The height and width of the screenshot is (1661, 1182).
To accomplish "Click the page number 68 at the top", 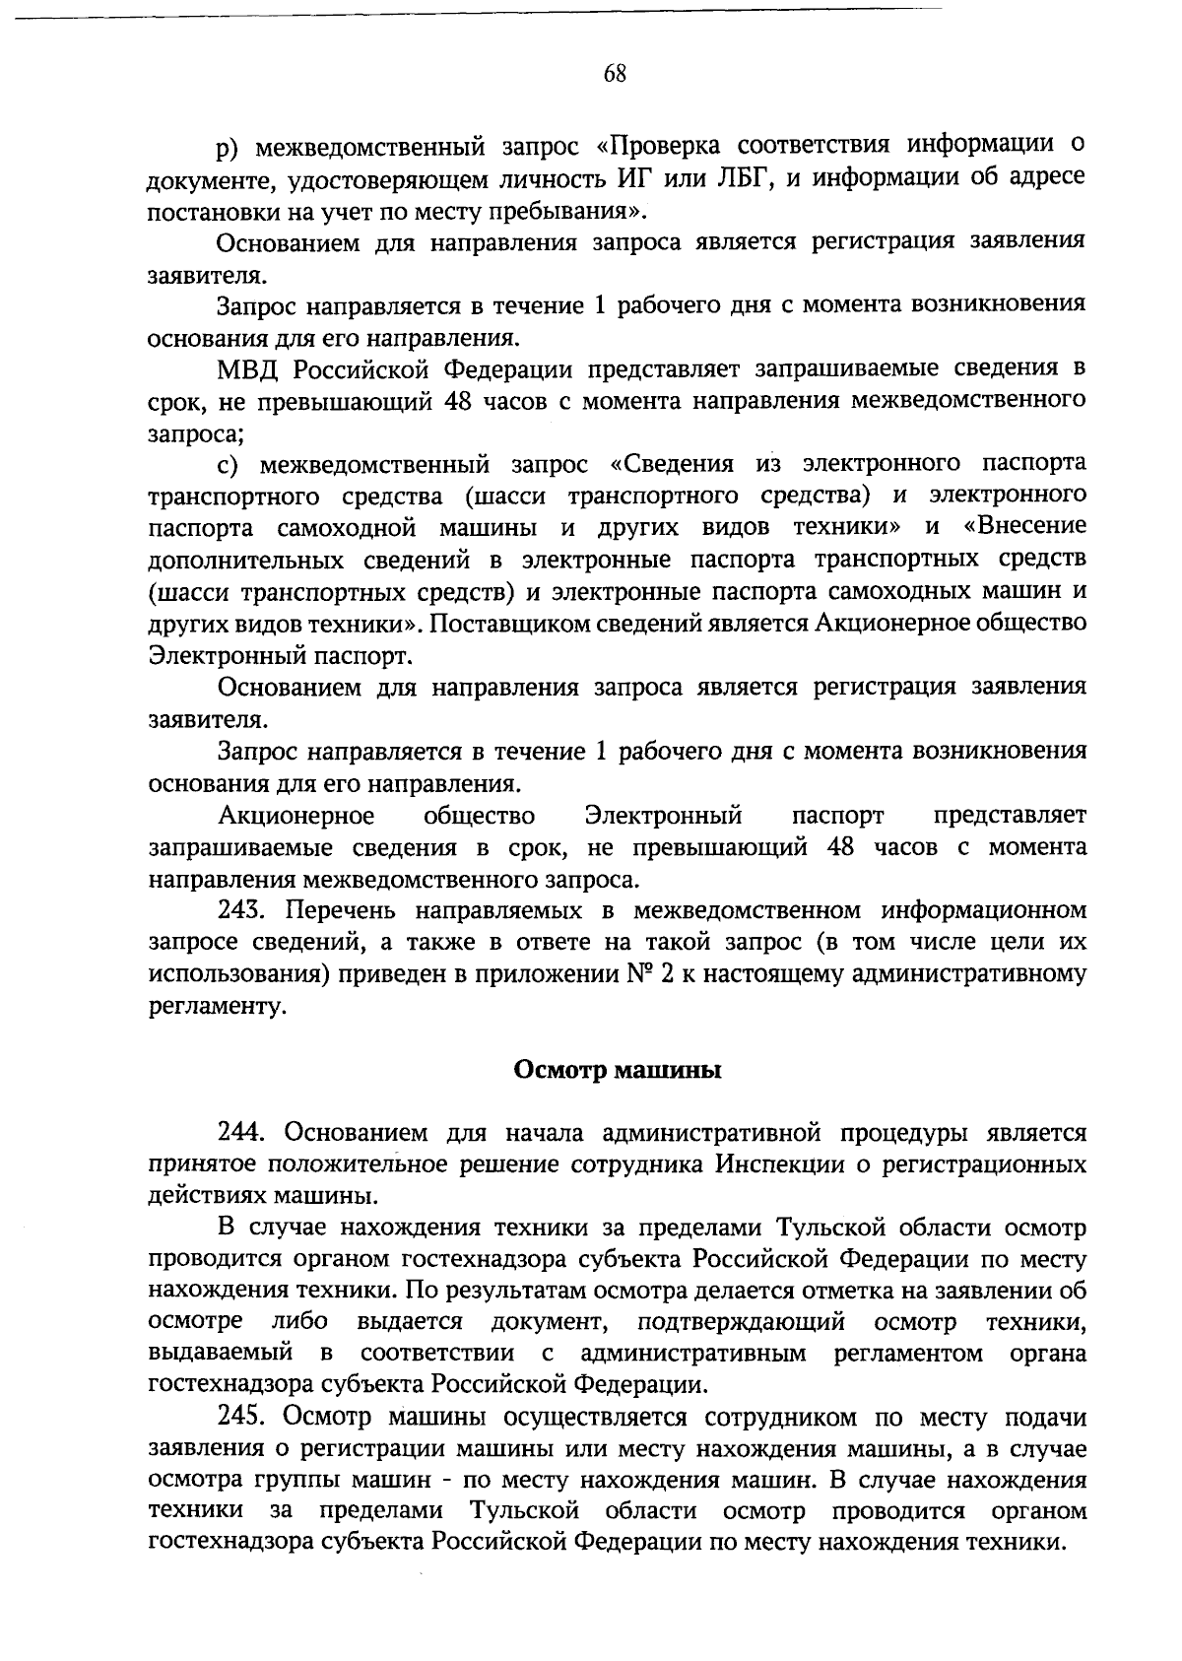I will pos(615,74).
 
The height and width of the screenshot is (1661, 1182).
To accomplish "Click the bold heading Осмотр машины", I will pos(618,1070).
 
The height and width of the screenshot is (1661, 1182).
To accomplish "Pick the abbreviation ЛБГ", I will pos(741,177).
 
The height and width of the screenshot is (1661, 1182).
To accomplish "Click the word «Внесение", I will pos(1024,527).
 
